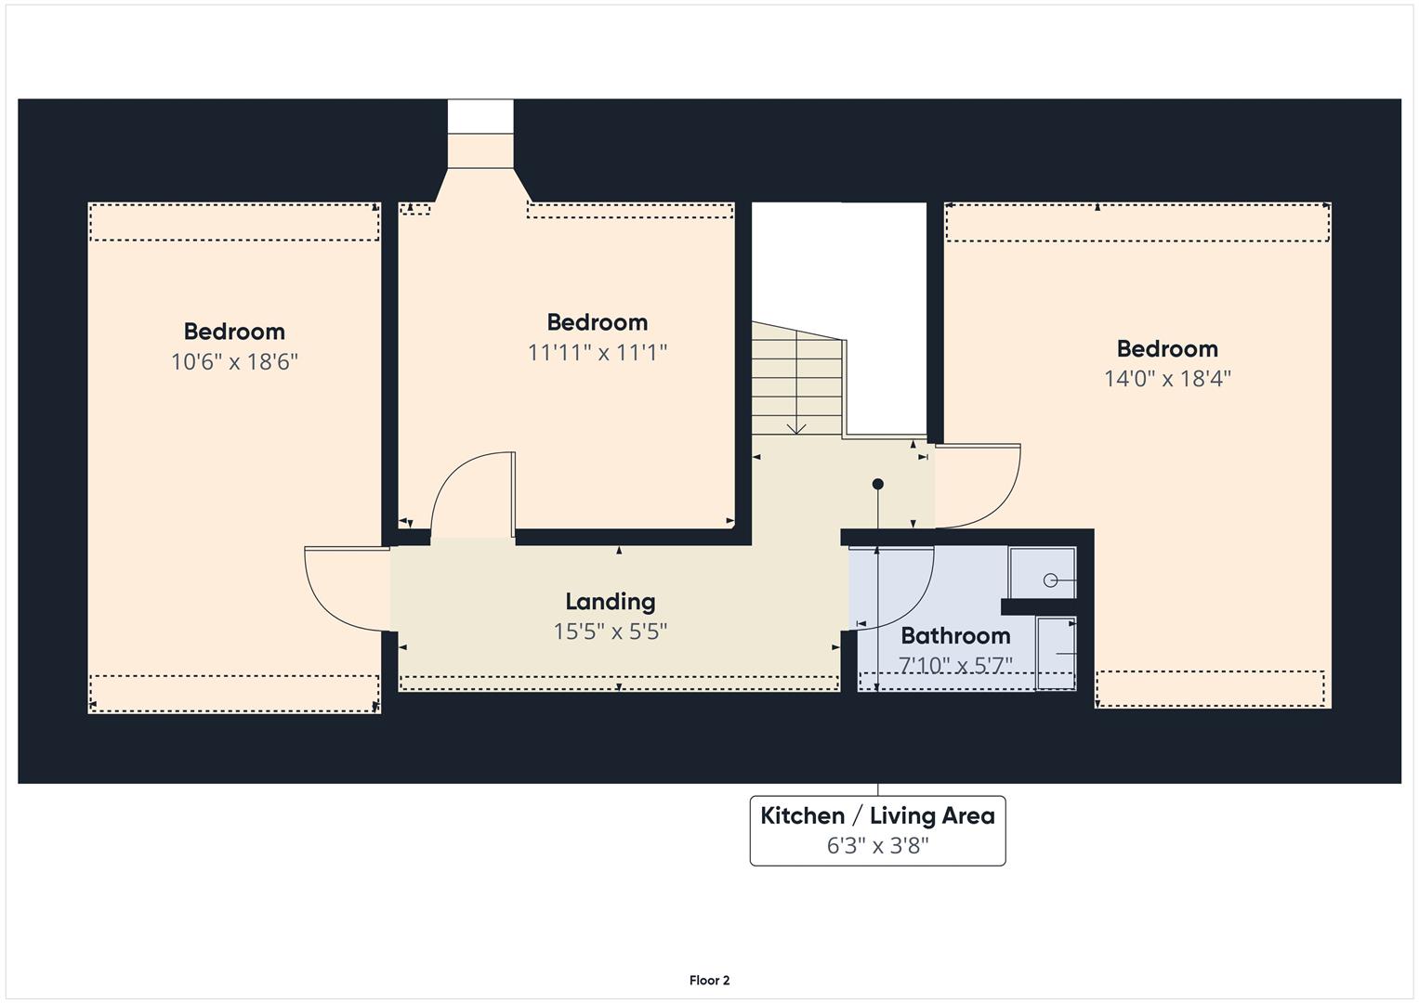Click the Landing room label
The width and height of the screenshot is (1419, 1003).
(610, 602)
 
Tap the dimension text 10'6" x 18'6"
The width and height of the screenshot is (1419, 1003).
(234, 361)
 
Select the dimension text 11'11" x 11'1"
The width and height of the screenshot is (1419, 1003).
(598, 352)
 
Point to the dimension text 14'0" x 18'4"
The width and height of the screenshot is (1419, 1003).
(1167, 378)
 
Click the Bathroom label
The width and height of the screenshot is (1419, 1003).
(955, 635)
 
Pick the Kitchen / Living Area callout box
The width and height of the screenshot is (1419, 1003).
(877, 830)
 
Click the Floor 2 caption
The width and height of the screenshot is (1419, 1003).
(709, 980)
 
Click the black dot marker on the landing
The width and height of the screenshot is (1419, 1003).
(877, 484)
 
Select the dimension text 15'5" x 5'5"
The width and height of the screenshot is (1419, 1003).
(610, 632)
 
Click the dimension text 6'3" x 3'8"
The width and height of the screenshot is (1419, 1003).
(877, 845)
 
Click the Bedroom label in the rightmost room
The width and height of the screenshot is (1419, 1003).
(1167, 348)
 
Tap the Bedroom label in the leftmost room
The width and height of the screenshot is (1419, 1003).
(234, 332)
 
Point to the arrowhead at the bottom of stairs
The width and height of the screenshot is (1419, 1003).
(796, 429)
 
